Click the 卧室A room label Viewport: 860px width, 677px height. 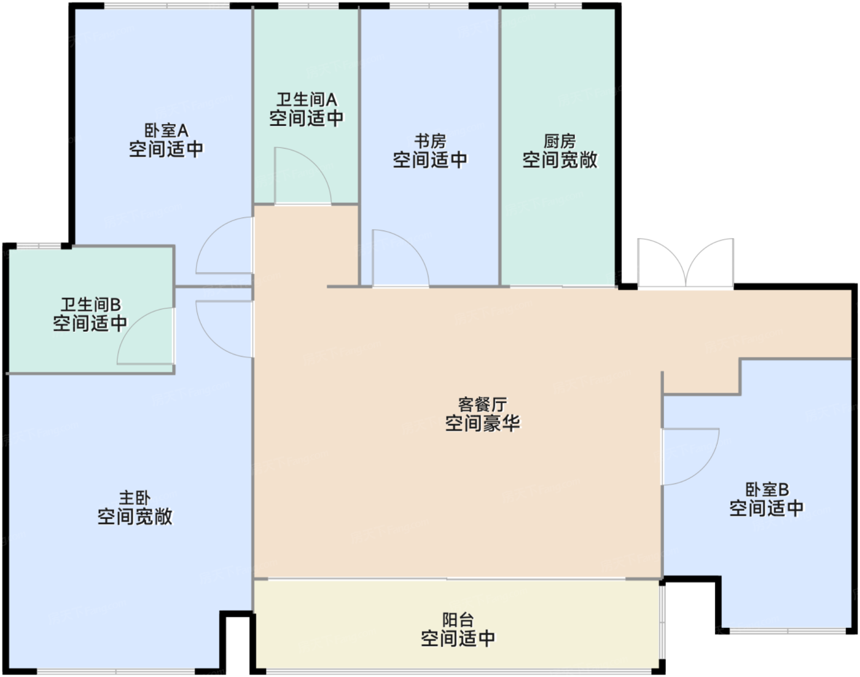[166, 130]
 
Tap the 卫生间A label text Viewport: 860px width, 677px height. [307, 100]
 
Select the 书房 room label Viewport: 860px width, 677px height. [430, 141]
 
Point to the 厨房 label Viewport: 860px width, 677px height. [560, 141]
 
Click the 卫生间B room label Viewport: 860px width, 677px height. [90, 305]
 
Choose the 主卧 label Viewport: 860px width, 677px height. [135, 498]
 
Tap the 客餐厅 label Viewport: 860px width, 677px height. [482, 404]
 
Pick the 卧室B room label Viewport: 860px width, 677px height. [767, 490]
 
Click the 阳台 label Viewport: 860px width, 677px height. [458, 620]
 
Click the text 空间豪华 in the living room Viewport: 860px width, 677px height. [482, 423]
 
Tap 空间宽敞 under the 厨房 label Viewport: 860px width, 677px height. [560, 160]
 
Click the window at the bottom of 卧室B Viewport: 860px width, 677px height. [788, 631]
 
